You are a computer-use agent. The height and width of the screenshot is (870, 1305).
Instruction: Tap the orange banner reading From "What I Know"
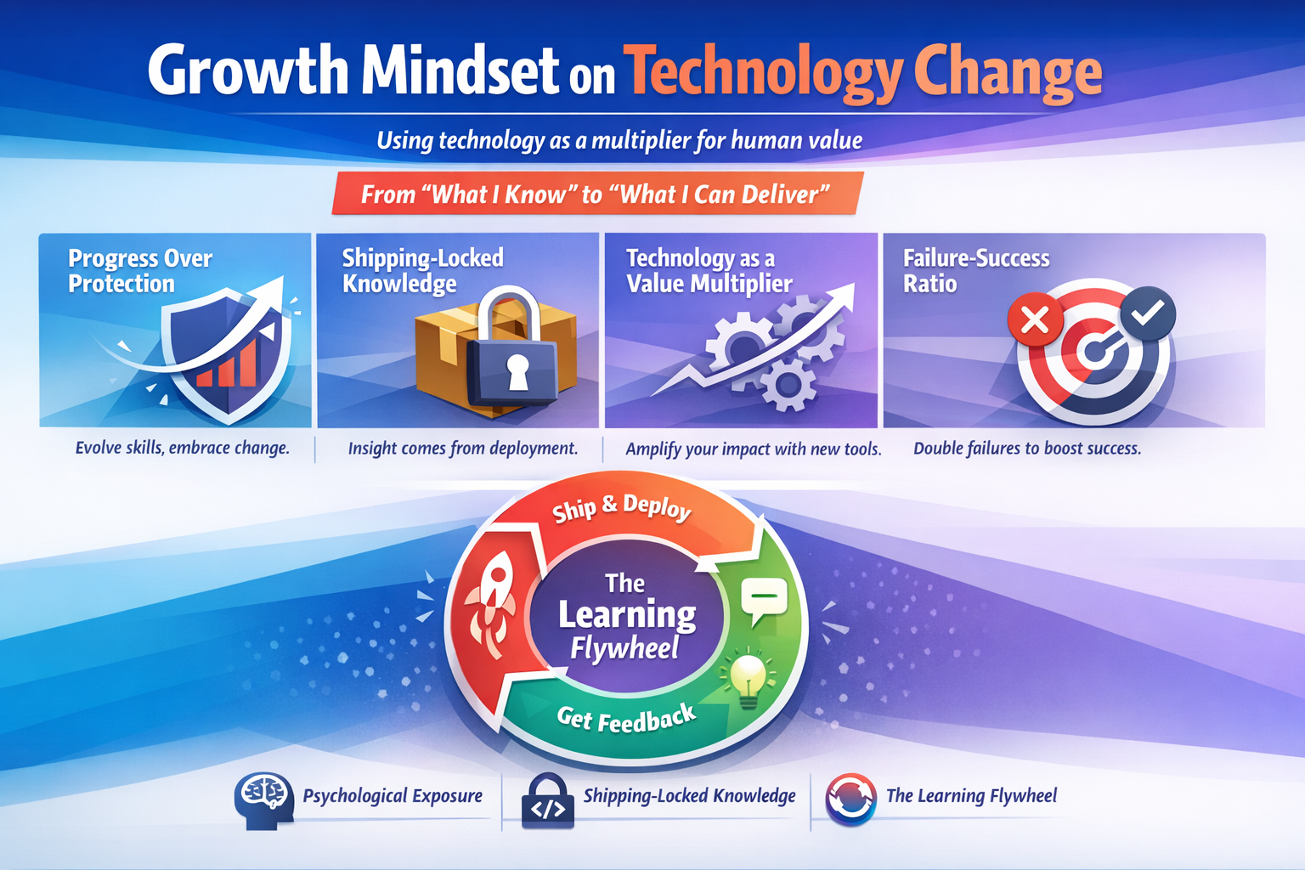point(596,195)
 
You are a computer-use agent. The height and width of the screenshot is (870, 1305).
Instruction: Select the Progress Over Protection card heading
point(140,270)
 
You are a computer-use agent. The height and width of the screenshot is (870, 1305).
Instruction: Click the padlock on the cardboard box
point(516,355)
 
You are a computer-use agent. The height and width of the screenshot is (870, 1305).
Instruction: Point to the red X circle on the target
point(1035,320)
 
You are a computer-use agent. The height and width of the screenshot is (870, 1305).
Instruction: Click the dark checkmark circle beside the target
point(1148,313)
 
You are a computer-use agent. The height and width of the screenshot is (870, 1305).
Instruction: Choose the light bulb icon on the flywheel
point(747,678)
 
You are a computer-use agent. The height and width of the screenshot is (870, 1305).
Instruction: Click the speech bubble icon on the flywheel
point(763,601)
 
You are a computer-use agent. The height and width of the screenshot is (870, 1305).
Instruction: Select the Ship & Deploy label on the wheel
point(622,508)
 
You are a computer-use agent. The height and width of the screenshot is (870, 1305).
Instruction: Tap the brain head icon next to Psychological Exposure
point(263,799)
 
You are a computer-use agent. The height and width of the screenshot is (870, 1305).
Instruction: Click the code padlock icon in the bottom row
point(547,801)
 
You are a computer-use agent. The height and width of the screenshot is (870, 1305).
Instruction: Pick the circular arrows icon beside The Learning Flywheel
point(850,799)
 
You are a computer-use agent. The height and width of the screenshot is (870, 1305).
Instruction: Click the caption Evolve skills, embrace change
point(183,448)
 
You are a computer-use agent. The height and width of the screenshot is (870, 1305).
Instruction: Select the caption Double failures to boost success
point(1027,448)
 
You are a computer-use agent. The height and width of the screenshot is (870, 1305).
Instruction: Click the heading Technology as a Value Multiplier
point(709,270)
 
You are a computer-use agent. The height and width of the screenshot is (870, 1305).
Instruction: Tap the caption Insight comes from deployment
point(463,448)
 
